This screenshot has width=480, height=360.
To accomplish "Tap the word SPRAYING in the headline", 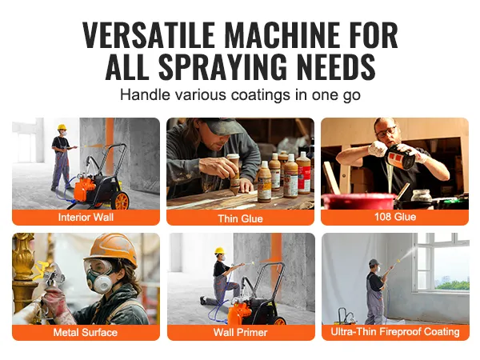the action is pos(223,66).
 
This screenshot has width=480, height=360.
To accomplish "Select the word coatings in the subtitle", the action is pos(261,94).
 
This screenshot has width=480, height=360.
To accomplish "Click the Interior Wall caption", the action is pos(86,218).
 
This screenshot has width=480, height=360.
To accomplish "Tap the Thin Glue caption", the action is pos(240,218).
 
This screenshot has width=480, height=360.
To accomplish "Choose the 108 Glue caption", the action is pos(395,217).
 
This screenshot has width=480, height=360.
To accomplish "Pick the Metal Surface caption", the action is pos(86,333).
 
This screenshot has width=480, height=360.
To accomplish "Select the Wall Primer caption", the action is pos(240,333).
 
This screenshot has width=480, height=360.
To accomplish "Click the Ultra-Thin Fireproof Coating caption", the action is pos(395,331).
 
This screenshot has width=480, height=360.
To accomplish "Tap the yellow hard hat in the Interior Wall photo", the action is pos(62,127).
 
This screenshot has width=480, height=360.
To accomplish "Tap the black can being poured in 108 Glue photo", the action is pos(401,157).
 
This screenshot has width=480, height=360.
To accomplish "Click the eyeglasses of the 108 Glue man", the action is pos(386,132).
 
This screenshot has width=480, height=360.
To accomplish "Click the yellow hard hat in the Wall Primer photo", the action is pos(219,250).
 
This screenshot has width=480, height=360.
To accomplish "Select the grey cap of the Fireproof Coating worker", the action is pos(374,262).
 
